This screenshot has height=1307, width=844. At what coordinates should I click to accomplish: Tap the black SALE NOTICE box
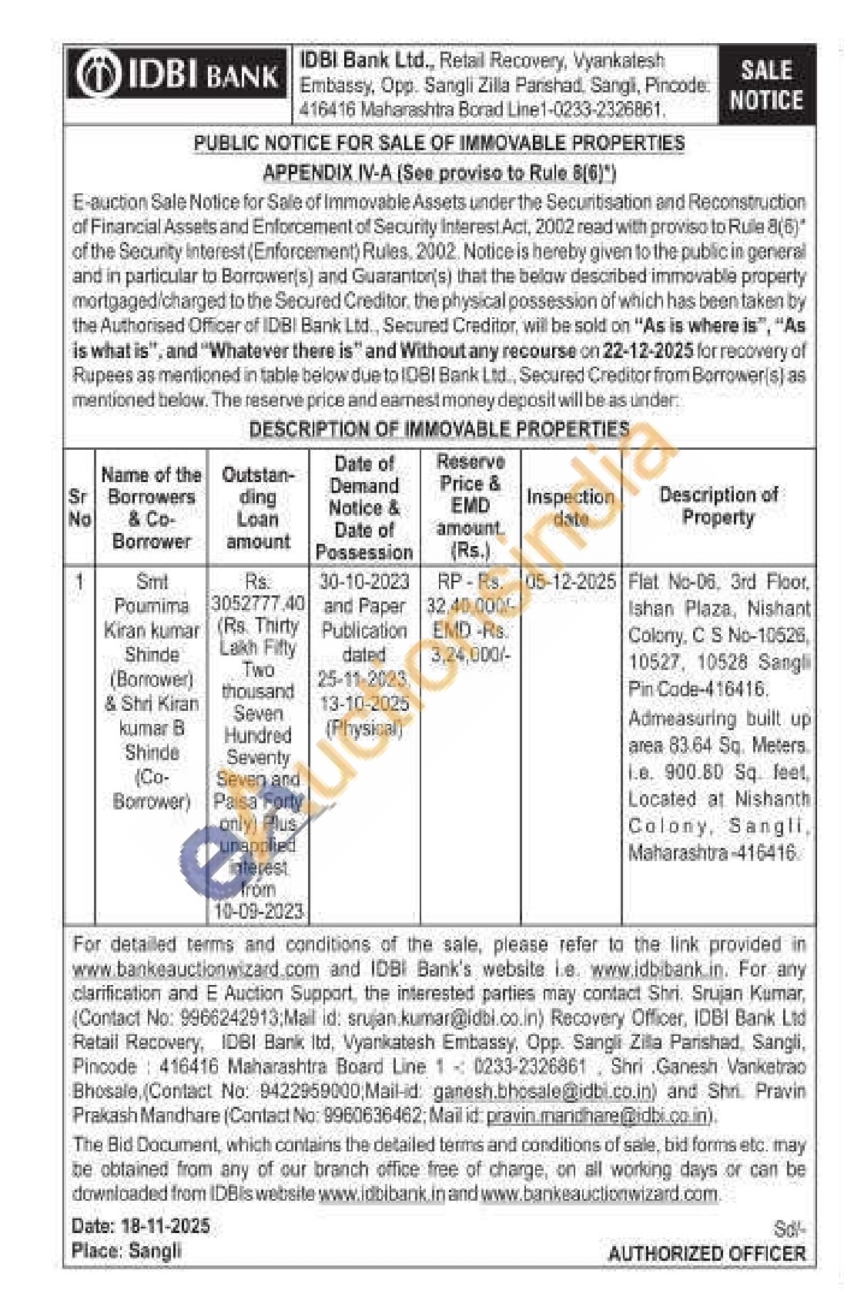pyautogui.click(x=765, y=85)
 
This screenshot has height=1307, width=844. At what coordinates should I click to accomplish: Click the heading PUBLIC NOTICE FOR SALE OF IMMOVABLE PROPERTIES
pyautogui.click(x=439, y=143)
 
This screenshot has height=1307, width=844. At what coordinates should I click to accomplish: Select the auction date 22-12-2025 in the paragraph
pyautogui.click(x=648, y=350)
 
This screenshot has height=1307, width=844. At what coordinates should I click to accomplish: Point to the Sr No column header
pyautogui.click(x=79, y=508)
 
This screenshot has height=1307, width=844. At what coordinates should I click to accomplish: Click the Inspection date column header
pyautogui.click(x=571, y=507)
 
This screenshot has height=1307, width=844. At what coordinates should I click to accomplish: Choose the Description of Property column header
pyautogui.click(x=718, y=505)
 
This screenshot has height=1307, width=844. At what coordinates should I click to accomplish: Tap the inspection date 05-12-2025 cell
pyautogui.click(x=571, y=581)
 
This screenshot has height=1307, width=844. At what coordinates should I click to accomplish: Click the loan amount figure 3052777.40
pyautogui.click(x=258, y=602)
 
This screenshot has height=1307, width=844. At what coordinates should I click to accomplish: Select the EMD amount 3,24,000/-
pyautogui.click(x=470, y=655)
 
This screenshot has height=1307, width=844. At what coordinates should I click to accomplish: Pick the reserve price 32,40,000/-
pyautogui.click(x=469, y=606)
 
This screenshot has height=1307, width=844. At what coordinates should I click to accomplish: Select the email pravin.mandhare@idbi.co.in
pyautogui.click(x=597, y=1115)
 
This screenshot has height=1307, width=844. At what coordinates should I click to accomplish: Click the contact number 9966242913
pyautogui.click(x=229, y=1017)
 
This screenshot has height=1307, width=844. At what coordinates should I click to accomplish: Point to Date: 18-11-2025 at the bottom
pyautogui.click(x=141, y=1226)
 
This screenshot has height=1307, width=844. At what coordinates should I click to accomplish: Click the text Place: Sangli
pyautogui.click(x=126, y=1250)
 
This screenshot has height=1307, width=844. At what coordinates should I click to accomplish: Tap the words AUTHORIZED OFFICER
pyautogui.click(x=706, y=1253)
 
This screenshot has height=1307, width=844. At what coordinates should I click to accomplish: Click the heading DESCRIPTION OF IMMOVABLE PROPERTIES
pyautogui.click(x=439, y=430)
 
